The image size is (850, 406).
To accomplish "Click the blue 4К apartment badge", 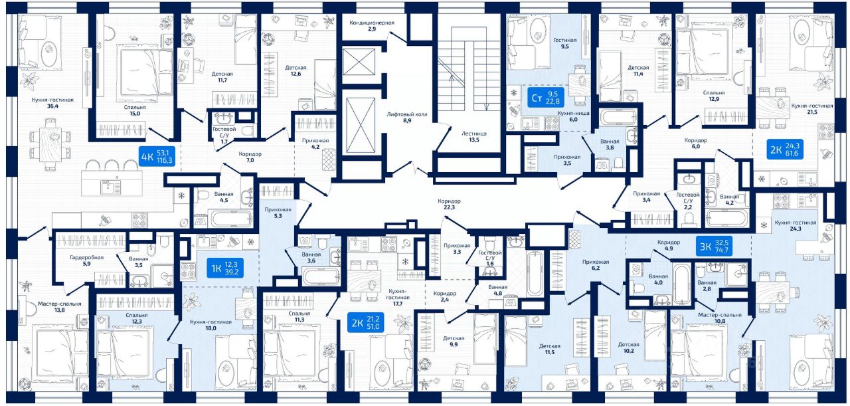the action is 157,157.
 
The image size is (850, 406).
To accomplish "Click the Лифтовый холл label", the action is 408,118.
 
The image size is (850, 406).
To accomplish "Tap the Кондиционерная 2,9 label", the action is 372,26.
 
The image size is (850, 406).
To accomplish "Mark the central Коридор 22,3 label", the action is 449,204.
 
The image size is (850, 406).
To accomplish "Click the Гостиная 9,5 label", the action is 565,44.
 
